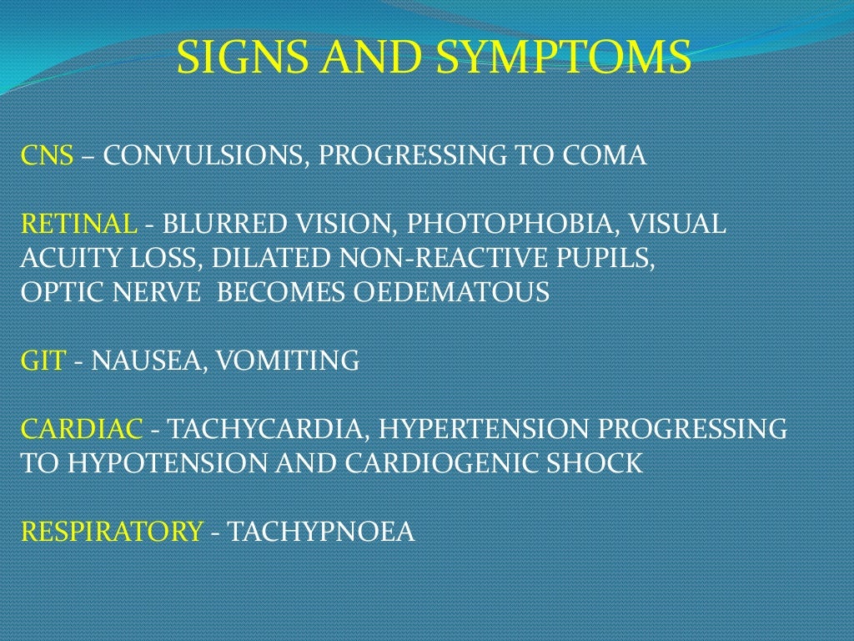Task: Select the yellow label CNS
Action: point(47,155)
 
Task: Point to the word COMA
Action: point(605,155)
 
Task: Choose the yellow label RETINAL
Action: point(78,224)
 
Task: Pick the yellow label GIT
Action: point(43,361)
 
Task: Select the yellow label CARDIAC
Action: point(82,429)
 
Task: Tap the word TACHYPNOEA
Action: point(321,532)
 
